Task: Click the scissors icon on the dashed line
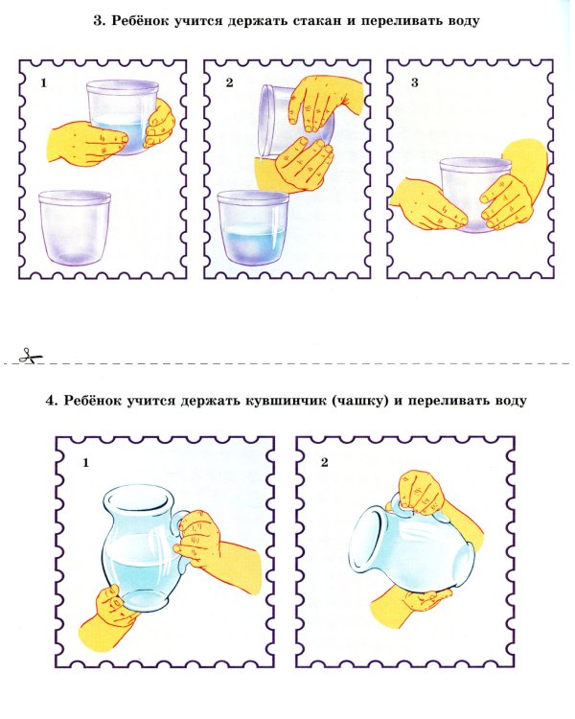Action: tap(30, 356)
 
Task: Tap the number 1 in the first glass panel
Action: tap(43, 83)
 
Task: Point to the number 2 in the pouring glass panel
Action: tap(229, 82)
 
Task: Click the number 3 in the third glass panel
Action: tap(415, 82)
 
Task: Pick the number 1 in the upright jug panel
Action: tap(85, 463)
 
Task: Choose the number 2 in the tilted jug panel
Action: tap(325, 463)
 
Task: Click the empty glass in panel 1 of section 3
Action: tap(75, 227)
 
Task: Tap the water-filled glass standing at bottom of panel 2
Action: tap(253, 228)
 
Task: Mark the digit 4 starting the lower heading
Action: tap(51, 401)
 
